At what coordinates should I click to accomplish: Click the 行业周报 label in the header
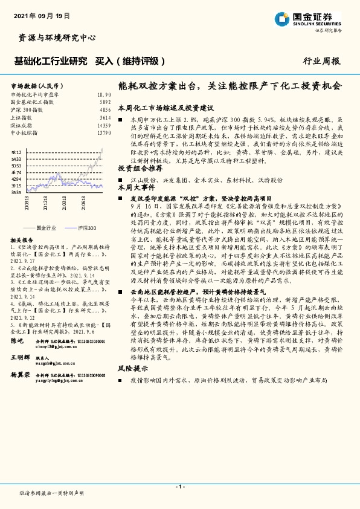321,61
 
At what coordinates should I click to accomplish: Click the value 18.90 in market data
104,95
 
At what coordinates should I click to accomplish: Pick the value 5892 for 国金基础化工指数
105,102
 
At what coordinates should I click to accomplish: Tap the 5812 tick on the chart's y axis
16,153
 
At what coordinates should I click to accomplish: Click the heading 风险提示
132,368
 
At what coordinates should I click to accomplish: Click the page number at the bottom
179,487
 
